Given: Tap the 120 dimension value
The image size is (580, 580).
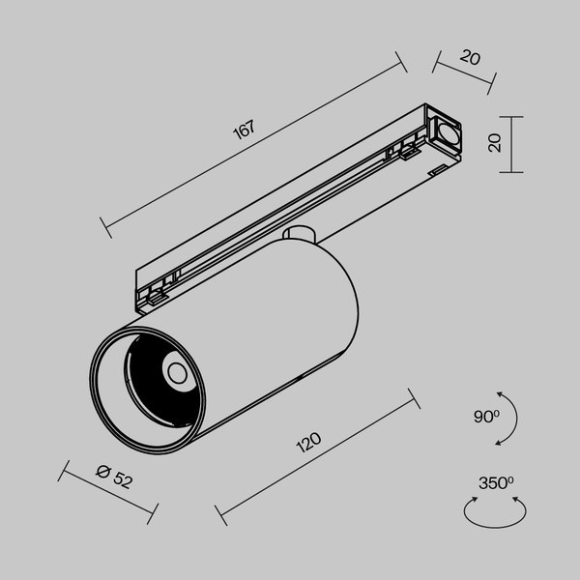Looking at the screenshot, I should [x=309, y=444].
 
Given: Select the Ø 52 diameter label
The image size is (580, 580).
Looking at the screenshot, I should [x=115, y=475].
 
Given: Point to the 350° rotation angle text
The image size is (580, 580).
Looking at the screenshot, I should [x=495, y=481].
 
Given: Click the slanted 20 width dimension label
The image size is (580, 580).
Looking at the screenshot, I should [x=471, y=58].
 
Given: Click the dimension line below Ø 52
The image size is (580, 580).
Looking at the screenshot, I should [x=106, y=493].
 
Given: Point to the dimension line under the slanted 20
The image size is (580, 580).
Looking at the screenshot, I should [x=464, y=74].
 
